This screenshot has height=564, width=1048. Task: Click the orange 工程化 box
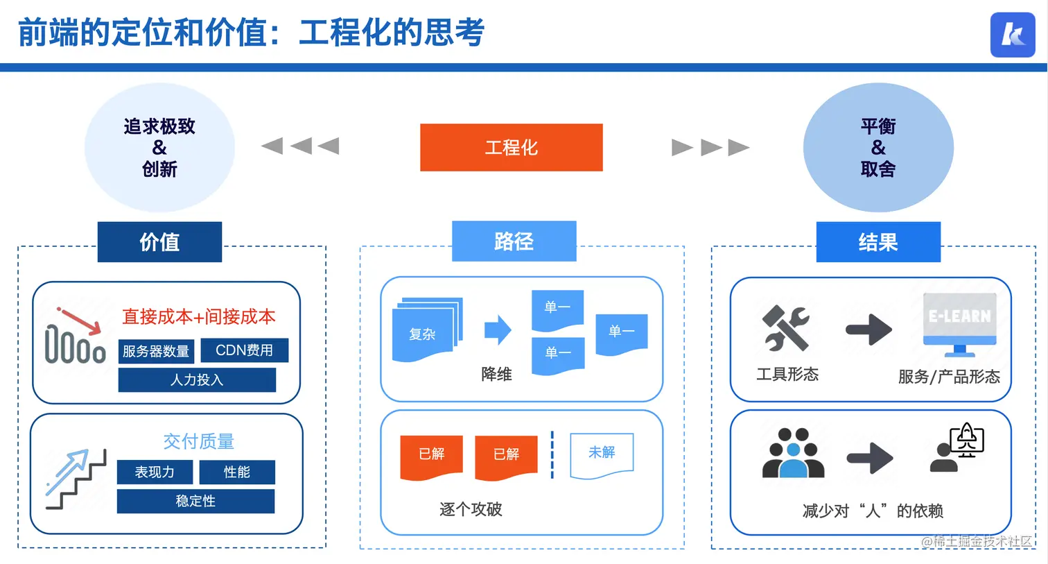[x=511, y=147]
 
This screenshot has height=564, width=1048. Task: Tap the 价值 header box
[x=159, y=241]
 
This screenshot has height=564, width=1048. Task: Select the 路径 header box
[x=514, y=241]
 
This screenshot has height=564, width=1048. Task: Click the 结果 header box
[x=878, y=241]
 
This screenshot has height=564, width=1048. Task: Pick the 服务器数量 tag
[x=156, y=351]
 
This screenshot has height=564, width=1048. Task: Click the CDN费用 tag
[x=244, y=350]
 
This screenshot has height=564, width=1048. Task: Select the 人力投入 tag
[x=197, y=380]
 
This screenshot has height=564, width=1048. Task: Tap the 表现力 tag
[x=155, y=472]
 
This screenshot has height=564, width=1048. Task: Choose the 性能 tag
[x=237, y=472]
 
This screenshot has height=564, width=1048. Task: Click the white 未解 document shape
[x=602, y=455]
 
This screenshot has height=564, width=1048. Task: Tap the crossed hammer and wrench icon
[x=785, y=327]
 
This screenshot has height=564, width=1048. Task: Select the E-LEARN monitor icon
[x=959, y=323]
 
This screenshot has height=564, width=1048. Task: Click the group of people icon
[x=793, y=454]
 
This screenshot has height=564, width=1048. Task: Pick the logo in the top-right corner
[x=1012, y=35]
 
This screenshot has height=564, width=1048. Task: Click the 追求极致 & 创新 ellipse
[x=159, y=147]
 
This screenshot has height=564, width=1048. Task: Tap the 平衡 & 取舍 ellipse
[x=878, y=147]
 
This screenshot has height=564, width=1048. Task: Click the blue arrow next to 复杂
[x=497, y=330]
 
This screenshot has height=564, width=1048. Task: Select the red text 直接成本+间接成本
[x=199, y=317]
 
